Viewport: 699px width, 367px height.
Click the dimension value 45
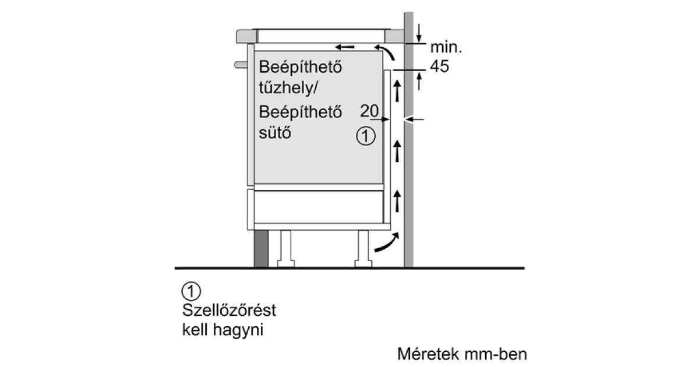[x=439, y=66]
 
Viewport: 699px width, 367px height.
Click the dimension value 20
[x=369, y=111]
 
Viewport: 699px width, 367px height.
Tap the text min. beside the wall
[x=446, y=47]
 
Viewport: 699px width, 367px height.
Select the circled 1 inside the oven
[x=366, y=136]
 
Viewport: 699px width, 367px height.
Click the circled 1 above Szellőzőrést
[x=191, y=291]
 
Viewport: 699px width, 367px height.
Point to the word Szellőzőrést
[x=229, y=310]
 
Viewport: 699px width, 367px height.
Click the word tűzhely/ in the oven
[x=288, y=88]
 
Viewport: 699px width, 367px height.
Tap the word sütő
[x=275, y=133]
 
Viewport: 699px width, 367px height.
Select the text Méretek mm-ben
[x=462, y=354]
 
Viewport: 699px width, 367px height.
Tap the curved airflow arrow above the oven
[x=386, y=51]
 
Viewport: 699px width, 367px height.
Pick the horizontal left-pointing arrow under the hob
[x=345, y=47]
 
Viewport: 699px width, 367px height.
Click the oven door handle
[x=241, y=65]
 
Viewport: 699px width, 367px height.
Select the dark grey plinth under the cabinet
[x=261, y=249]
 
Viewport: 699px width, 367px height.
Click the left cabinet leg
[x=286, y=249]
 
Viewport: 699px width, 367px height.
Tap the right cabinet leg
[x=363, y=249]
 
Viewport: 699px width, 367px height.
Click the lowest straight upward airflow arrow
[x=397, y=202]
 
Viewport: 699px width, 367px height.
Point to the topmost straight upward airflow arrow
[x=397, y=90]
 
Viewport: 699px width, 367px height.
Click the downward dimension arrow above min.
[x=419, y=33]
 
